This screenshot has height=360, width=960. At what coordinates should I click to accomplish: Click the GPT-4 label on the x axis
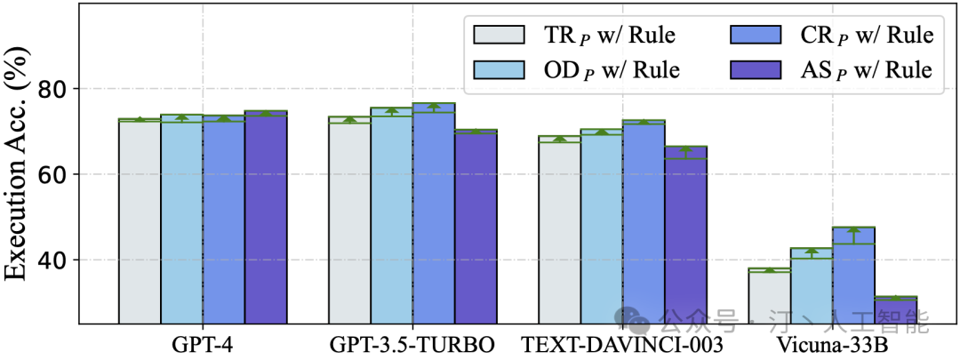tap(203, 344)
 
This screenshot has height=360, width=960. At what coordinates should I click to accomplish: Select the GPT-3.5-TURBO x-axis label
tap(412, 344)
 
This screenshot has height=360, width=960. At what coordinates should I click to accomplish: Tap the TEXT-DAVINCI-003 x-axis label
tap(622, 344)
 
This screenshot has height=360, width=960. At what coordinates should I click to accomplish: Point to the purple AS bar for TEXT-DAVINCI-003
tap(685, 235)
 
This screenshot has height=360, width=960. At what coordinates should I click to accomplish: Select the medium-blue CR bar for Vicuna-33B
tap(853, 276)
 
